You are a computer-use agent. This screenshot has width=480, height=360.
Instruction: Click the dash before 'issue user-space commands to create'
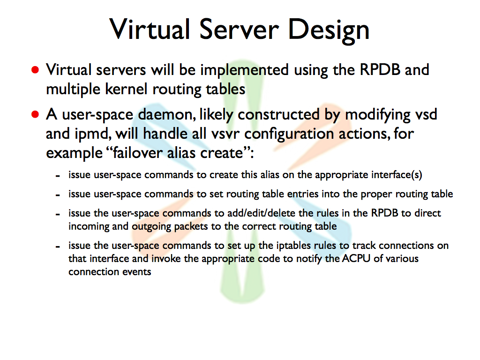pyautogui.click(x=58, y=176)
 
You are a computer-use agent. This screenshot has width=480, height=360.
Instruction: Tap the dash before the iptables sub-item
pyautogui.click(x=58, y=247)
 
